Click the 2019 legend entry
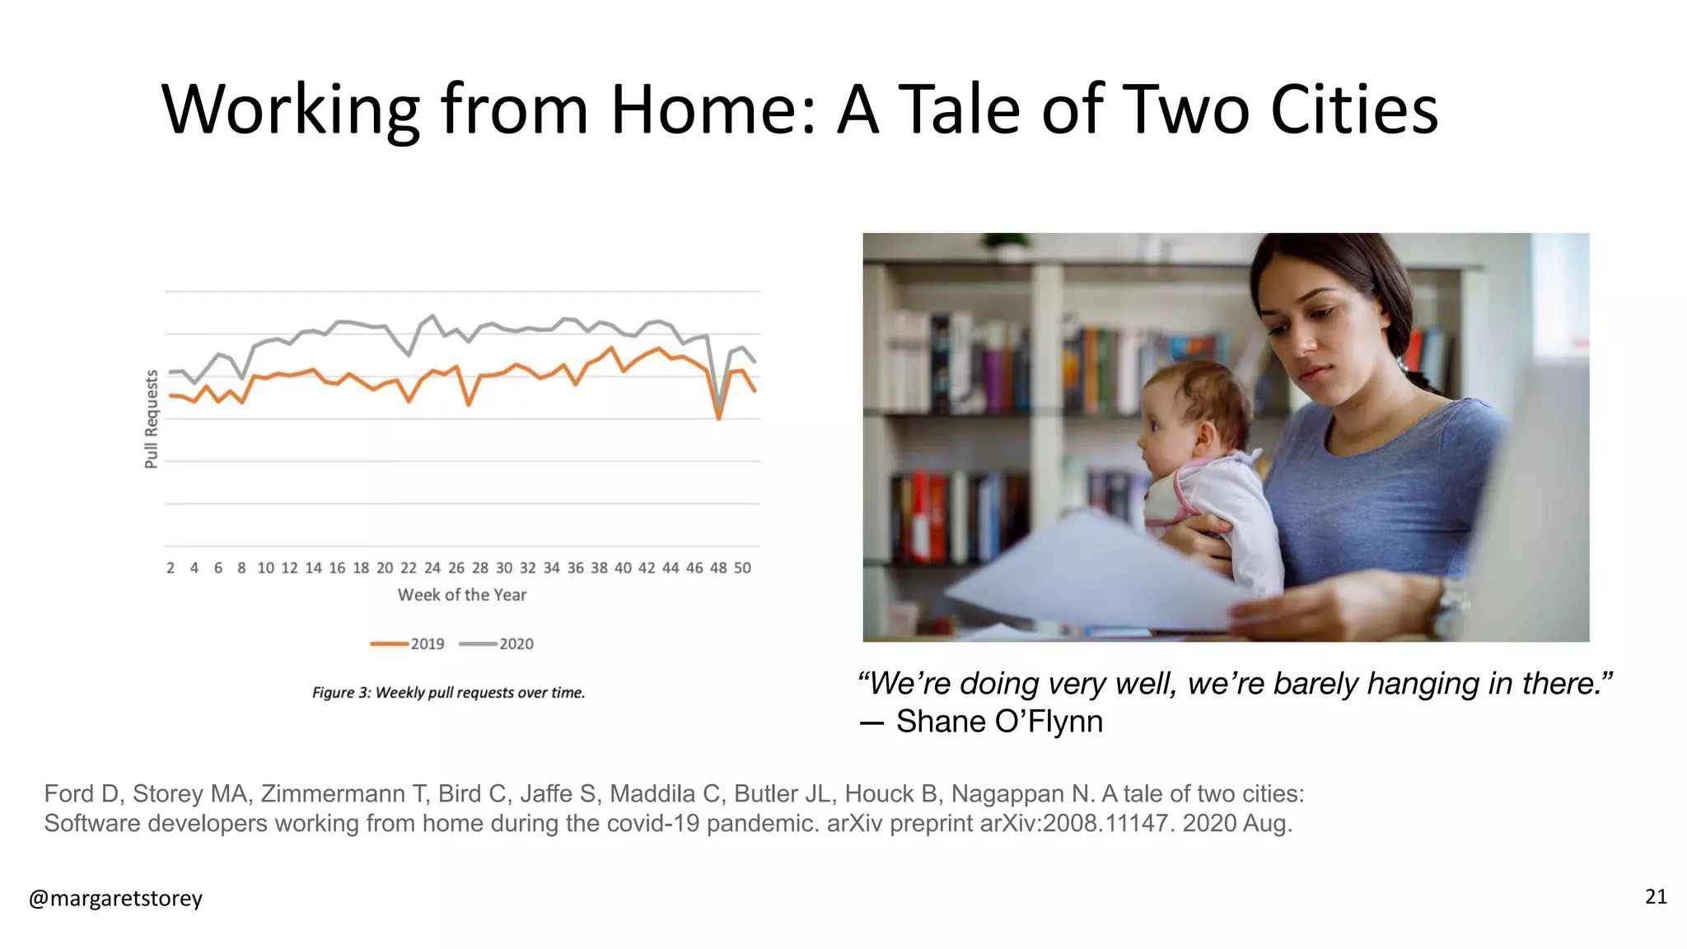point(408,643)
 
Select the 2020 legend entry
point(497,643)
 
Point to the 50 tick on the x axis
point(742,568)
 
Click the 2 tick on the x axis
point(171,568)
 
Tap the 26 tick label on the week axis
point(456,568)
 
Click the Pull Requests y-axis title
point(151,418)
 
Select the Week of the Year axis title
point(462,595)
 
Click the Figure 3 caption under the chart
point(448,693)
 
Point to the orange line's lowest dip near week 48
point(719,418)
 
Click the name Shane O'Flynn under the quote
point(999,722)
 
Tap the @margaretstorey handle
point(115,898)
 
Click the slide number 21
point(1656,896)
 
